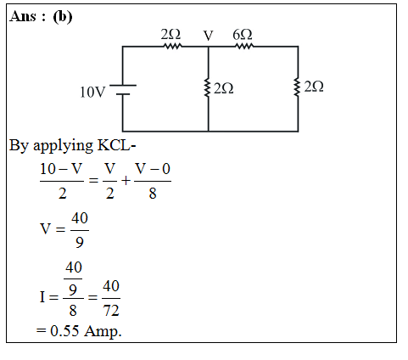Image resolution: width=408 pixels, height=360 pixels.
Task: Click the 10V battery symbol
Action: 123,89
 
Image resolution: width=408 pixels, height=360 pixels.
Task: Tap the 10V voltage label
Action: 92,92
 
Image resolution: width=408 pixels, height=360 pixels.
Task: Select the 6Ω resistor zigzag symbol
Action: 244,46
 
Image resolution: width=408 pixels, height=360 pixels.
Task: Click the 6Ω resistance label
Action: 243,35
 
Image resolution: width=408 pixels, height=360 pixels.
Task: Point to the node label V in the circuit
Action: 208,36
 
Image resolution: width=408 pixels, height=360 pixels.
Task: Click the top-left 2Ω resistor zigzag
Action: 173,46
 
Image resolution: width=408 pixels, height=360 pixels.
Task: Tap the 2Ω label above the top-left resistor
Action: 170,35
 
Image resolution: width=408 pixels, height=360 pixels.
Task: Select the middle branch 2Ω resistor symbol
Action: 208,88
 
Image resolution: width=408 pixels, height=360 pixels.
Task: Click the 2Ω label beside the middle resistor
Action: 224,88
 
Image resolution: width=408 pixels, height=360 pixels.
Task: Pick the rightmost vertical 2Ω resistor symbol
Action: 297,87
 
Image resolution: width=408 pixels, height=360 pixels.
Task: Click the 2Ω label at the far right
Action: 314,87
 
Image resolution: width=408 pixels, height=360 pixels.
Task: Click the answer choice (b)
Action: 63,17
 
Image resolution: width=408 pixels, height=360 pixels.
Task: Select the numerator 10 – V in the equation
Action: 61,169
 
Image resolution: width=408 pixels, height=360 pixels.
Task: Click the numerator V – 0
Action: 153,169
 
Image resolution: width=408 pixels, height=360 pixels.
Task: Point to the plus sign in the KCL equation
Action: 126,181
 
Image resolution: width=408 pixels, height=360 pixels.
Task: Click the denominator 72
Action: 111,310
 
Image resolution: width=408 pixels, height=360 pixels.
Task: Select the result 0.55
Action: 64,330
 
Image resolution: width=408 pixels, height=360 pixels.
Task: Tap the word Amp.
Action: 103,331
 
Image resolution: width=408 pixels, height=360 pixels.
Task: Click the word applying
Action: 63,146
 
